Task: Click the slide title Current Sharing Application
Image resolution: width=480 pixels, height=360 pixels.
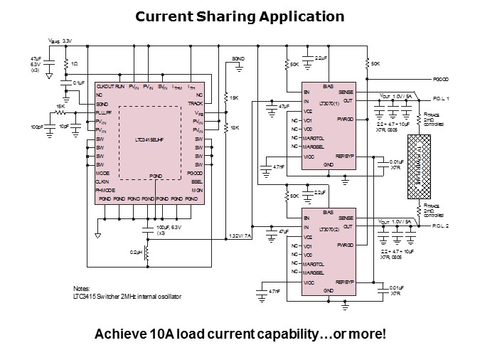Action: (240, 16)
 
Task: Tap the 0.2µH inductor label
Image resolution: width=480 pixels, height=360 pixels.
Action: (135, 253)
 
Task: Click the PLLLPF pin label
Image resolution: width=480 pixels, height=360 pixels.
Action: (105, 112)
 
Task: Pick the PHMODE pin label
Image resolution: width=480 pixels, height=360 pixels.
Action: (106, 191)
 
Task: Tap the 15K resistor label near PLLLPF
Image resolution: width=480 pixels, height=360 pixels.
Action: (61, 107)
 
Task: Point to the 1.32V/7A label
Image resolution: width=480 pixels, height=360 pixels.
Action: (239, 235)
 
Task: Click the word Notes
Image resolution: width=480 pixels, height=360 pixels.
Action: (82, 288)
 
